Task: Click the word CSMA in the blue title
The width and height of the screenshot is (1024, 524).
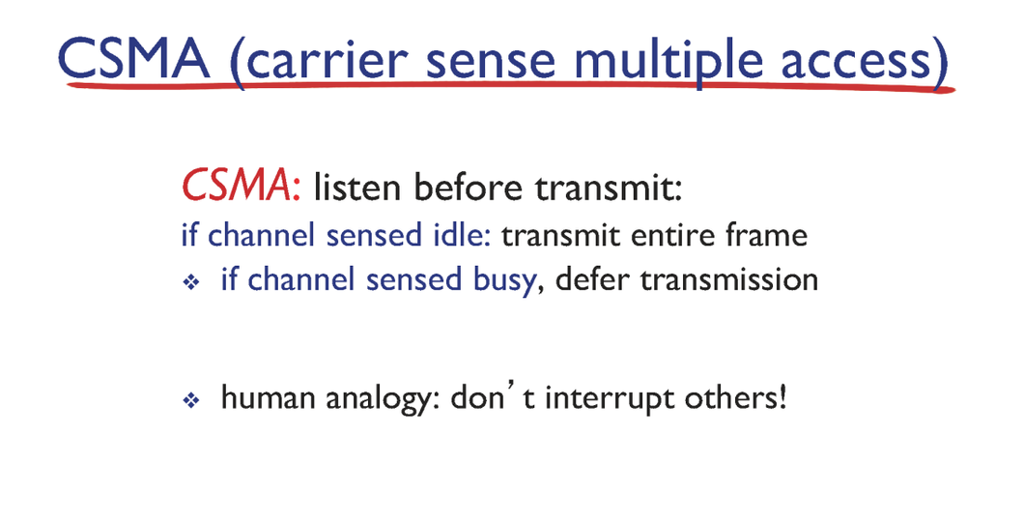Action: (x=134, y=58)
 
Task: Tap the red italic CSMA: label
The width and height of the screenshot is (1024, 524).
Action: (x=241, y=187)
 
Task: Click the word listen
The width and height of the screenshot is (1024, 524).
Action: (x=356, y=188)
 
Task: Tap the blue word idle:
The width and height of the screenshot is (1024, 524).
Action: (x=462, y=235)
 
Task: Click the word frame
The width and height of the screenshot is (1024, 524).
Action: (x=767, y=235)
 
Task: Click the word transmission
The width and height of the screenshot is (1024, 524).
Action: (x=728, y=279)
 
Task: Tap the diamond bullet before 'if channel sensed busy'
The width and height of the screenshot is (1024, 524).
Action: (x=190, y=282)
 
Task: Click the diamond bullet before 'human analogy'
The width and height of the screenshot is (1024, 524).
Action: (x=190, y=399)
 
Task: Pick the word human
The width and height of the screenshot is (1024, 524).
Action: (x=269, y=397)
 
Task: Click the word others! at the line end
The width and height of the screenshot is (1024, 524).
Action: (x=735, y=397)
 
